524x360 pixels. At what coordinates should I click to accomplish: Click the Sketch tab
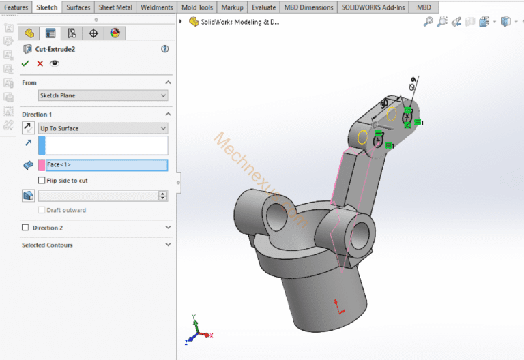(x=47, y=7)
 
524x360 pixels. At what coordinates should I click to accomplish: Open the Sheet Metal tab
(x=116, y=7)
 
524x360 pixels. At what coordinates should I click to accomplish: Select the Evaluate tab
(x=263, y=7)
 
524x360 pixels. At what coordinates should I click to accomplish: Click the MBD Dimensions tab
(x=309, y=7)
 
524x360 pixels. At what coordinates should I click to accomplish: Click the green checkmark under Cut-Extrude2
(x=25, y=63)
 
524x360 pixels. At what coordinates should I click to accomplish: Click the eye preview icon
(x=55, y=63)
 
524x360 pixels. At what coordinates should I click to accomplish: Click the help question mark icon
(x=164, y=49)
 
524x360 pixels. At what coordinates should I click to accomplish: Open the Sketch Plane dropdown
(x=102, y=96)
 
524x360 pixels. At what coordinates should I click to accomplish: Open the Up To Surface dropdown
(x=102, y=128)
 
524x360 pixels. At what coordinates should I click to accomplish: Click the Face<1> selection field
(x=106, y=165)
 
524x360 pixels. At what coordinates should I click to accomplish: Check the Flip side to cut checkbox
(x=42, y=181)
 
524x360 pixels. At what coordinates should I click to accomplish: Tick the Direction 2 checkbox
(x=26, y=228)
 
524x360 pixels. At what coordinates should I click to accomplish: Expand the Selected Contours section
(x=168, y=245)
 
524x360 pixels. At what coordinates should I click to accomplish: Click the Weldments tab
(x=157, y=7)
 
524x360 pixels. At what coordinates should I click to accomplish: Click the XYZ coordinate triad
(x=197, y=332)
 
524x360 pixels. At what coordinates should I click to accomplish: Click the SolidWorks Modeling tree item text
(x=239, y=22)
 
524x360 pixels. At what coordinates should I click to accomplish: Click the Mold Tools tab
(x=197, y=7)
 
